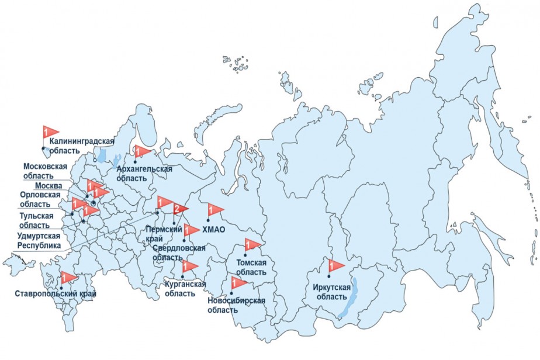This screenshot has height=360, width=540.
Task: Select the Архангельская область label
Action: click(144, 174)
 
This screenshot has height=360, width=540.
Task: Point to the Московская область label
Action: click(45, 171)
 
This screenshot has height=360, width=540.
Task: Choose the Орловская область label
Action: click(40, 199)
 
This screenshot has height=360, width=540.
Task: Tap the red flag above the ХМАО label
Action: click(214, 209)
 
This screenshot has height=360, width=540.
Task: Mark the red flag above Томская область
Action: click(252, 244)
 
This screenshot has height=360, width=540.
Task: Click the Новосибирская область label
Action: click(236, 305)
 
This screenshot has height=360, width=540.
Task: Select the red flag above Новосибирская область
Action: click(240, 283)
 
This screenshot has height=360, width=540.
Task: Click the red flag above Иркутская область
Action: click(336, 265)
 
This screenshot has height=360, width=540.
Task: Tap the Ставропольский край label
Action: click(56, 293)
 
